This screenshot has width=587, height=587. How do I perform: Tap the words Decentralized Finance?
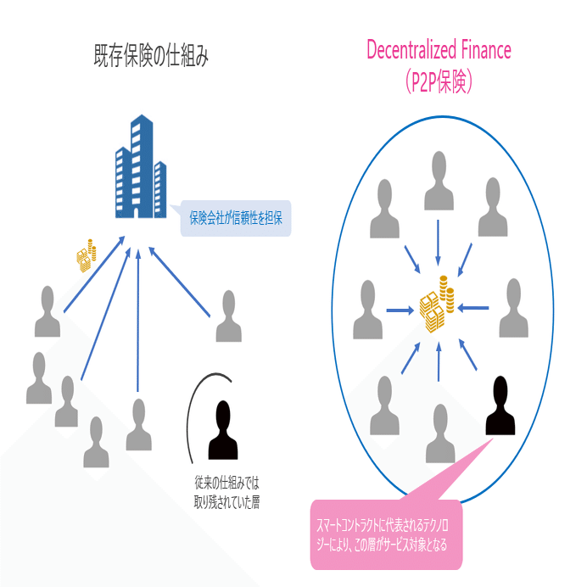click(439, 49)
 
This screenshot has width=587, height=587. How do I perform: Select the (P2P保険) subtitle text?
click(439, 81)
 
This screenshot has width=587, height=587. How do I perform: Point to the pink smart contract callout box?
click(386, 532)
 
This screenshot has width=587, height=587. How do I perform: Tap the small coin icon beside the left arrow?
click(85, 255)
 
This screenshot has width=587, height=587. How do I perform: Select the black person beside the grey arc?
click(222, 429)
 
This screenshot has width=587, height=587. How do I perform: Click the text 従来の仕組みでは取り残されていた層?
click(226, 493)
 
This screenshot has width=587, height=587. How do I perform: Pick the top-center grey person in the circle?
click(438, 178)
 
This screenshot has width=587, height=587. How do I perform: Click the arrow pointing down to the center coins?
click(438, 242)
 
